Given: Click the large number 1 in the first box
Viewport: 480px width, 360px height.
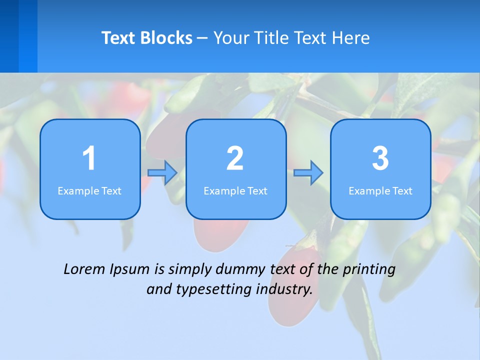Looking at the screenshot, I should click(x=89, y=158).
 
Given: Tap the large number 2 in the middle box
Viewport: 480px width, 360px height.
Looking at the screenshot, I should click(x=235, y=158).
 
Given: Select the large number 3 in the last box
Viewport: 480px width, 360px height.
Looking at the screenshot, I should click(x=380, y=158).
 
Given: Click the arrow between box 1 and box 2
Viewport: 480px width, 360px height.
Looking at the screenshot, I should click(x=163, y=173).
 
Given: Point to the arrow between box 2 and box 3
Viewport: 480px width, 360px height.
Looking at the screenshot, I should click(x=308, y=173).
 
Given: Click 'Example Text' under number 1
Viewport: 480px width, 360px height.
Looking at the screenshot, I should click(x=89, y=191).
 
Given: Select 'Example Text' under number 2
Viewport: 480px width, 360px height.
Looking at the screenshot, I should click(x=235, y=191).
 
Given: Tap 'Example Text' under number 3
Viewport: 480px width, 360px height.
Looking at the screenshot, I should click(x=380, y=191).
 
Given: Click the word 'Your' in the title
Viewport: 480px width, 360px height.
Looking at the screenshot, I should click(x=229, y=38).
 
